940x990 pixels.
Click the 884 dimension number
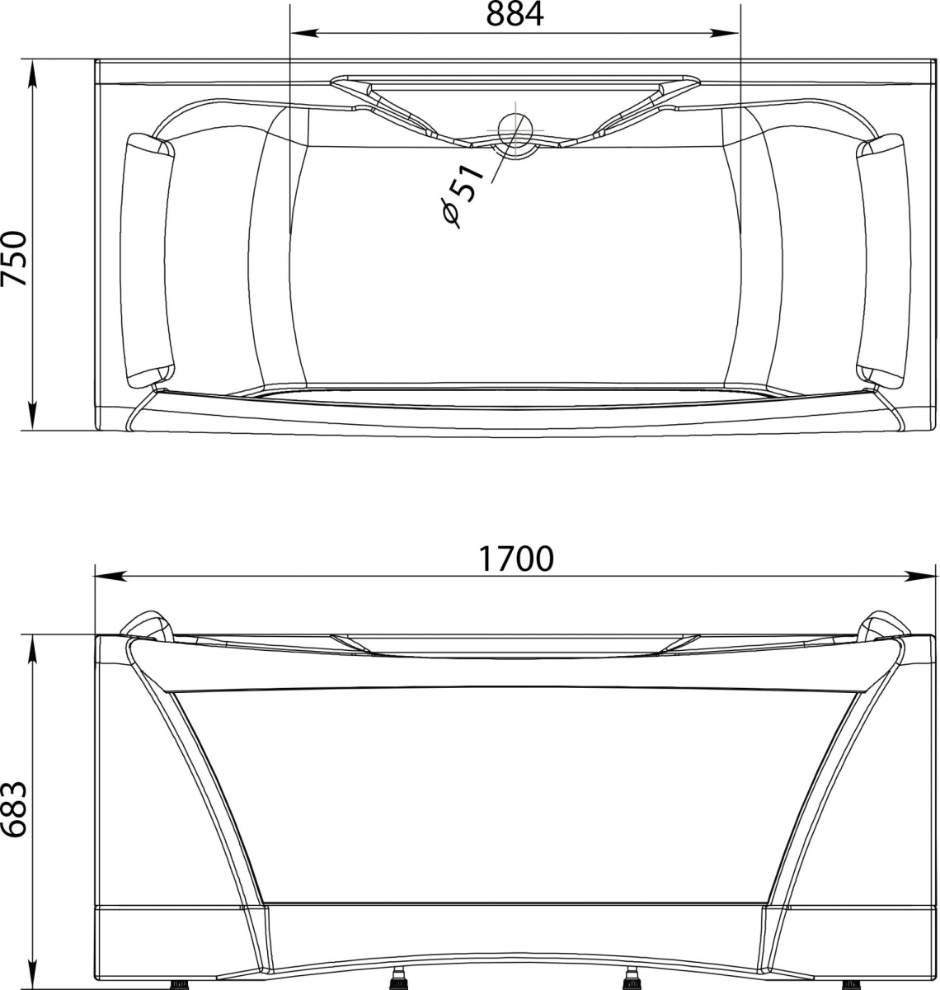tap(515, 14)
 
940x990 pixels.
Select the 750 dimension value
tap(13, 258)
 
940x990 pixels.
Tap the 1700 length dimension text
tap(515, 559)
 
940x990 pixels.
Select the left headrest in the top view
tap(148, 262)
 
